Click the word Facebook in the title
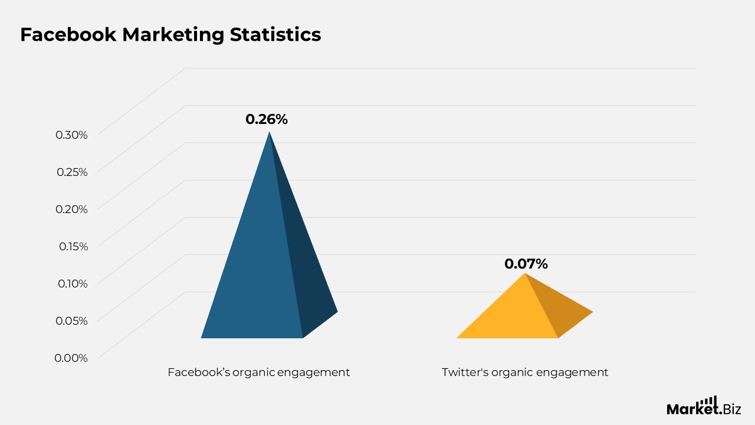(x=68, y=34)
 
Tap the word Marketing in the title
(x=173, y=35)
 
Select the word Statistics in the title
(x=275, y=34)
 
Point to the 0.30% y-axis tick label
(x=71, y=135)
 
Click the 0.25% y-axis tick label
(x=72, y=172)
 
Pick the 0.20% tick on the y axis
(x=71, y=209)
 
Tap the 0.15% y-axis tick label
(x=74, y=246)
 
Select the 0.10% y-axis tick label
(x=73, y=283)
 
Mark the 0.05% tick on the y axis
(x=71, y=321)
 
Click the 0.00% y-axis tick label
(x=71, y=358)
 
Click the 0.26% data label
(x=267, y=119)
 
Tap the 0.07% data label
(x=526, y=264)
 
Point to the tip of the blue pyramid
(x=270, y=132)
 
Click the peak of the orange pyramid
(x=524, y=273)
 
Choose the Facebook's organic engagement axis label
(x=259, y=372)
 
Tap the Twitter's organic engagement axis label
(x=525, y=372)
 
